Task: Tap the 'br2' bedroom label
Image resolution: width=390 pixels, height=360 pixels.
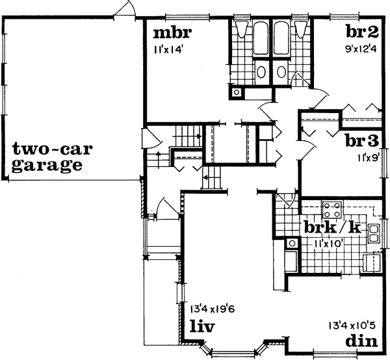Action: coord(361,32)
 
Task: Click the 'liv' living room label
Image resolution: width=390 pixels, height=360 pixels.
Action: coord(203,324)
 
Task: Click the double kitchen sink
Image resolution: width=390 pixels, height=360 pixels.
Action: coord(375,233)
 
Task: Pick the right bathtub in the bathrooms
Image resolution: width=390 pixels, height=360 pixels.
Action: coord(283,40)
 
